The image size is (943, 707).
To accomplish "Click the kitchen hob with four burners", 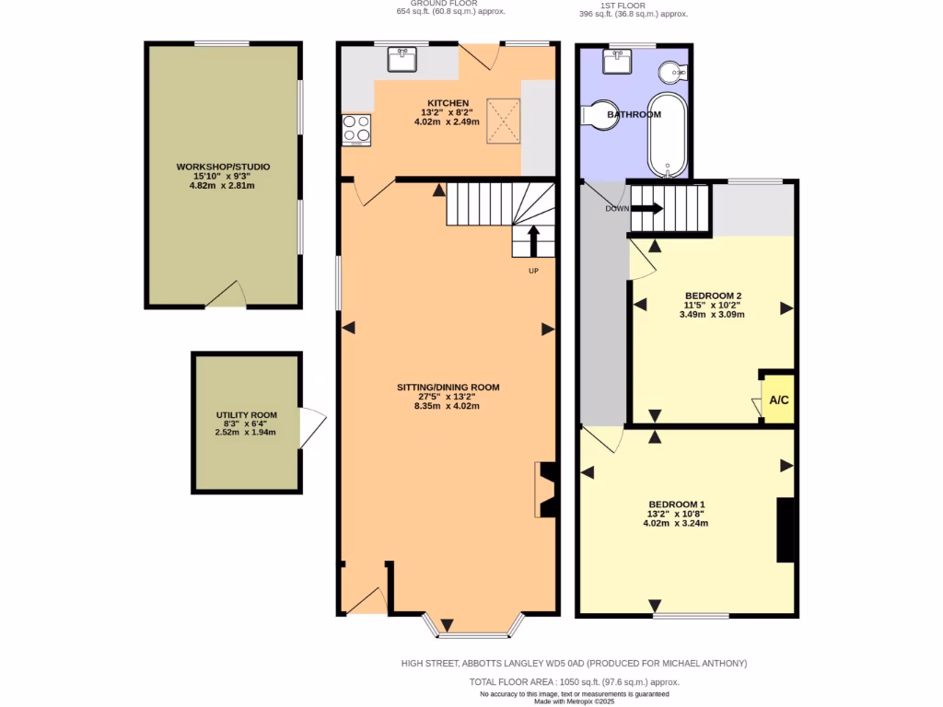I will coord(356,130).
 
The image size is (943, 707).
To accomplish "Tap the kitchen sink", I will coord(402,60).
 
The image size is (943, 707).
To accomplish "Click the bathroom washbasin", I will coord(616,62).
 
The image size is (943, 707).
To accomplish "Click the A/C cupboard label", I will coord(779,400).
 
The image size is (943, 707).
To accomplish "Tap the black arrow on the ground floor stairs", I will coord(532,241).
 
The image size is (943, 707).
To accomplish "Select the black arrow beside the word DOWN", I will coord(646,208).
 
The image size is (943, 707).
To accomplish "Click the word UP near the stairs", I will coord(533,272).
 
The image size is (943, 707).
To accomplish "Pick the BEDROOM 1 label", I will coord(676,504).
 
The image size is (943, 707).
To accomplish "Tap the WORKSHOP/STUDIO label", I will coord(223,167).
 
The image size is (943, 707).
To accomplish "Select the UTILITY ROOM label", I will coord(246,416).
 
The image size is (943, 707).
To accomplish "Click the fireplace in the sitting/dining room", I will coord(546,490).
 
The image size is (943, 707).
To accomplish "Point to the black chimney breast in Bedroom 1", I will coord(786,529).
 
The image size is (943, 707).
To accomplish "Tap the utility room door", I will coord(313,429).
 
